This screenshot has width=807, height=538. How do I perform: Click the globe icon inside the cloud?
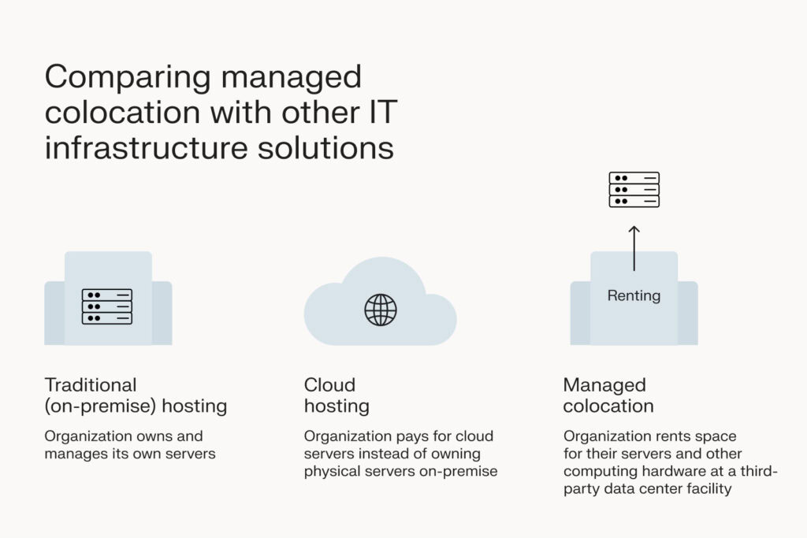381,310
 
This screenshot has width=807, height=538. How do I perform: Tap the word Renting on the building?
634,296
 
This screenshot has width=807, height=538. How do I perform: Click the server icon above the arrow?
634,190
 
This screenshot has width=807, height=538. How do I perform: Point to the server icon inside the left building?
107,306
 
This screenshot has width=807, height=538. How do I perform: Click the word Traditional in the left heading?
91,385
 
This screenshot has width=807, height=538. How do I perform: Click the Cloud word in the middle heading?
329,385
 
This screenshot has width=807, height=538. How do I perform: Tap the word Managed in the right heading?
604,385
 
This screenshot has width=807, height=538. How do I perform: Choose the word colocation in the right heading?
608,406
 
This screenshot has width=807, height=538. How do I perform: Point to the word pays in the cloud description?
404,436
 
